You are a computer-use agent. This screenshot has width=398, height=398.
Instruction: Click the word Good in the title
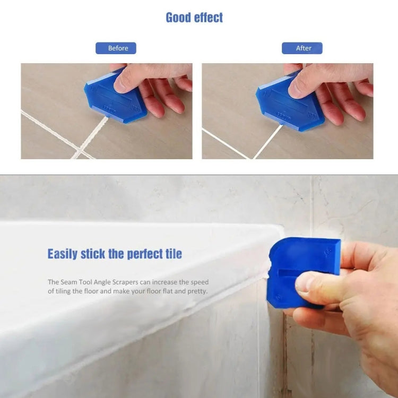coord(179,18)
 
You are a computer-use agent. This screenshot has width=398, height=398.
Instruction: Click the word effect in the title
coord(209,18)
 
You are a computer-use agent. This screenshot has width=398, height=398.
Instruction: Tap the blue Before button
coord(116,48)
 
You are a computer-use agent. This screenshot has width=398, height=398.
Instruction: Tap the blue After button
coord(302,48)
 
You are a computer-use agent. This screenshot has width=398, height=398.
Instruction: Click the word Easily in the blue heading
coord(63,254)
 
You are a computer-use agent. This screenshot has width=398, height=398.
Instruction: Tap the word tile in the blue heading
coord(172,254)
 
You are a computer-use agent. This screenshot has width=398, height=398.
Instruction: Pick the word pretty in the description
coord(195,291)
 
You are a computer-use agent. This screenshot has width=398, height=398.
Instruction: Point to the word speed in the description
coord(200,282)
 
